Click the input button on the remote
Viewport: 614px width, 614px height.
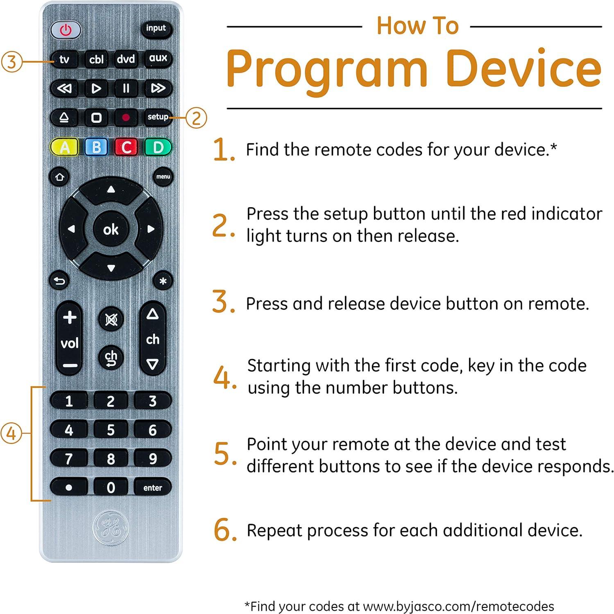click(x=156, y=29)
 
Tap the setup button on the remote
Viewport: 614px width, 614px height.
click(x=158, y=117)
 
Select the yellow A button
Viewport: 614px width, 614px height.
click(x=65, y=147)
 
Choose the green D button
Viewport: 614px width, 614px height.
click(x=158, y=147)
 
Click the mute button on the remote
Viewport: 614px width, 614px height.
click(x=111, y=319)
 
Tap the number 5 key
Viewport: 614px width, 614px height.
click(x=111, y=430)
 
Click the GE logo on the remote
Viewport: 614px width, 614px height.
click(x=111, y=527)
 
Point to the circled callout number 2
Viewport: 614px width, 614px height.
click(x=197, y=118)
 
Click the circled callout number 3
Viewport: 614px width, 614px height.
click(x=11, y=62)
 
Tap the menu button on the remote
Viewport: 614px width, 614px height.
click(x=163, y=177)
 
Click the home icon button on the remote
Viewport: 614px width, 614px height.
click(x=60, y=177)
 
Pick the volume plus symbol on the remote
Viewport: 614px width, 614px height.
click(x=70, y=317)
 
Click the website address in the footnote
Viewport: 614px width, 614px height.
click(x=458, y=606)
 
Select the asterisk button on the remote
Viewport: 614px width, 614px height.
click(x=163, y=281)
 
